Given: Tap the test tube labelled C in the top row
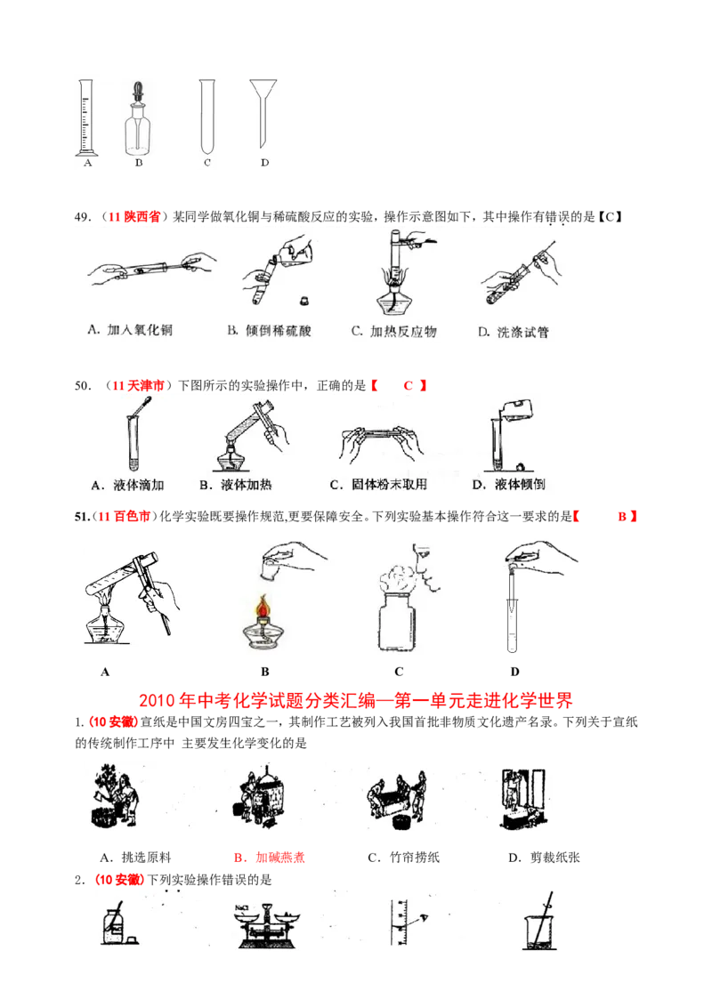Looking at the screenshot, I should click(x=207, y=116).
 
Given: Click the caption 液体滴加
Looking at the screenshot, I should click(x=128, y=485).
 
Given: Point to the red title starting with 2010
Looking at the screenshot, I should click(x=356, y=702).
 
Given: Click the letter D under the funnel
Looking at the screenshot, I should click(x=263, y=163).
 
